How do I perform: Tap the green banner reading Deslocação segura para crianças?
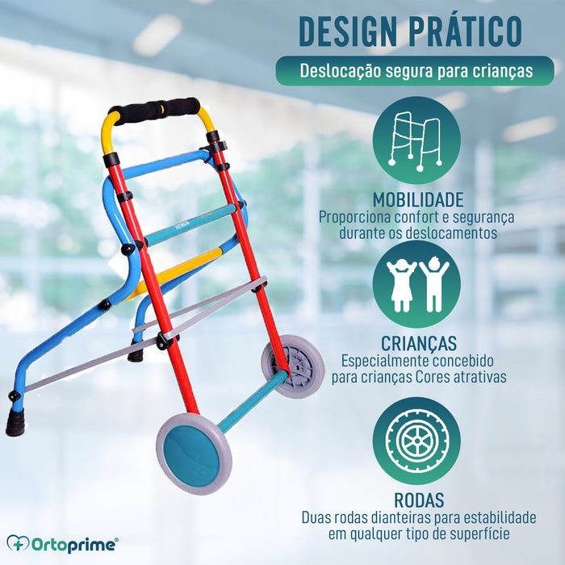tap(416, 70)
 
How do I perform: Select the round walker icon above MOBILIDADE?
tap(416, 140)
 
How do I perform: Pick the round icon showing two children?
tap(416, 284)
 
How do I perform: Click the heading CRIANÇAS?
tap(416, 343)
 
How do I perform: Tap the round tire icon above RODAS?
tap(416, 441)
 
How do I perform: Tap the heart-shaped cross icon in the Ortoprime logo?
tap(18, 545)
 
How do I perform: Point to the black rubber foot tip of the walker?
tap(15, 422)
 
